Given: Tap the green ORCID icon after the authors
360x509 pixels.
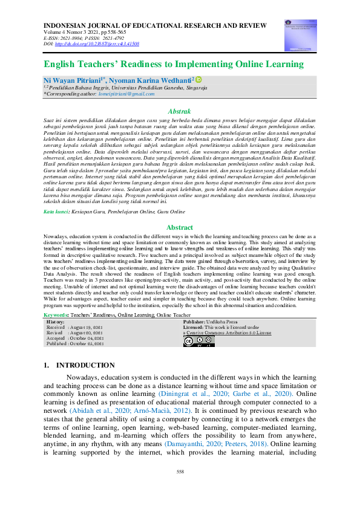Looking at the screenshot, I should (198, 79).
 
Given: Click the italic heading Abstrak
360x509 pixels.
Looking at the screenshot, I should (180, 111).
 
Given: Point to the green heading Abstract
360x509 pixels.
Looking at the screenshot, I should (180, 227).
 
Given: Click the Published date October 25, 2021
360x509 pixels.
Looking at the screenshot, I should (88, 344).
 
